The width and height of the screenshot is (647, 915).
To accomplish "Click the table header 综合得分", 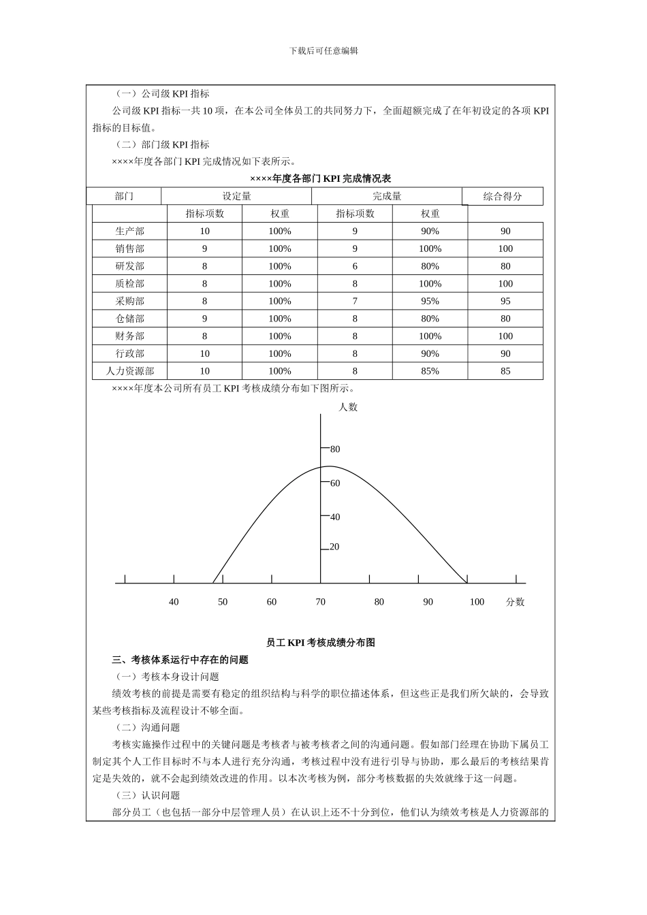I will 503,196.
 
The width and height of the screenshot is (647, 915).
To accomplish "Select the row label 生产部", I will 129,231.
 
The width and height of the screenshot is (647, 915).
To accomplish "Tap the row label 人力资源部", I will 129,371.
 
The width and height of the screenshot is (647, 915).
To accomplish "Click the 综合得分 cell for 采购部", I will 505,301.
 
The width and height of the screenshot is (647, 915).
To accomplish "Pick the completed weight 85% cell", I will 430,371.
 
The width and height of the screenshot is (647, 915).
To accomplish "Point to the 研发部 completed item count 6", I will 355,266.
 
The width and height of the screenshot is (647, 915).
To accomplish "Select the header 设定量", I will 236,196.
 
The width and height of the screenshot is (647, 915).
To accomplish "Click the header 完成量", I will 387,196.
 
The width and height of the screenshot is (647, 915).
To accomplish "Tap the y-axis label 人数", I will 348,407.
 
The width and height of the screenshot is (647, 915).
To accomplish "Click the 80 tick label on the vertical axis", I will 335,449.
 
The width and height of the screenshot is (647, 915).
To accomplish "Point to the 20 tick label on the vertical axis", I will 334,547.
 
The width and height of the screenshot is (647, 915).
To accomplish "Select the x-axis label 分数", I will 516,602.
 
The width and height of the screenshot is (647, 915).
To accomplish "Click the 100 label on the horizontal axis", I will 477,602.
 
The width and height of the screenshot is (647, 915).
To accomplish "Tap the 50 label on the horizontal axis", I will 223,602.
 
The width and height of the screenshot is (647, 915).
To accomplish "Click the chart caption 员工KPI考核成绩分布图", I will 320,642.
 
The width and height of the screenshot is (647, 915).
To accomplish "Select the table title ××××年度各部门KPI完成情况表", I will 320,178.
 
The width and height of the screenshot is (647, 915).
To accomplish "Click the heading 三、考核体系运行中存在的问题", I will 180,660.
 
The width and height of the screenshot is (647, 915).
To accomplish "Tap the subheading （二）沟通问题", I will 147,728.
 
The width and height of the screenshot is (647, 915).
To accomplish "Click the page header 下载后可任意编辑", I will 323,51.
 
